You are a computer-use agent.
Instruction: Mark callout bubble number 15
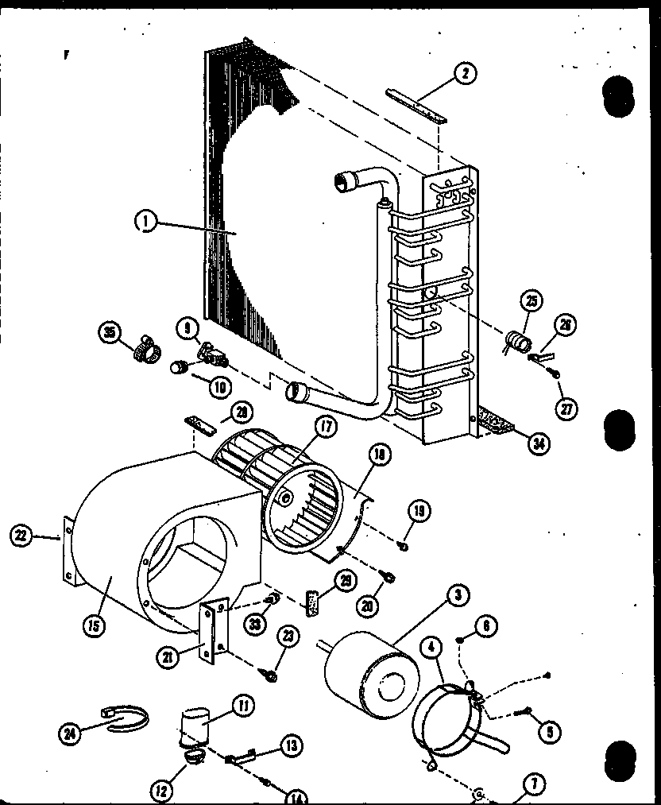tap(94, 625)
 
